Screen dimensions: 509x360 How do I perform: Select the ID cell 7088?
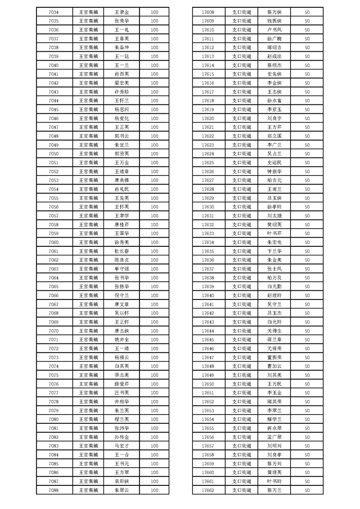coord(53,490)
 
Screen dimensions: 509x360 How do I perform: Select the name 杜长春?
coord(122,251)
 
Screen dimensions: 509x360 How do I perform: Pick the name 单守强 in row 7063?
coord(122,269)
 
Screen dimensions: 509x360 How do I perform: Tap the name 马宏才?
coord(122,445)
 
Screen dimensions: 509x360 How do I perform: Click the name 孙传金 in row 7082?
coord(122,437)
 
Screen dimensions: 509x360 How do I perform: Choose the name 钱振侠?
coord(274,21)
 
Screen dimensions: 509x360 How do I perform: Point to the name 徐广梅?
coord(274,39)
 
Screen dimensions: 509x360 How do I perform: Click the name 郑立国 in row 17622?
coord(274,136)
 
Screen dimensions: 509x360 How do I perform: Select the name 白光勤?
coord(274,286)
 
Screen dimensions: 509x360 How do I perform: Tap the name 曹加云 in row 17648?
coord(274,366)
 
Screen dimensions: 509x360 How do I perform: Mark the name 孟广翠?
coord(274,437)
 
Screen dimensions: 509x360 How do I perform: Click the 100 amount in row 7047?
coord(154,127)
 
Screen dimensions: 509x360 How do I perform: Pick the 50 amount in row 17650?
coord(307,384)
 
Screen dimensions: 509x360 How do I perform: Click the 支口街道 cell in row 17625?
coord(242,162)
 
